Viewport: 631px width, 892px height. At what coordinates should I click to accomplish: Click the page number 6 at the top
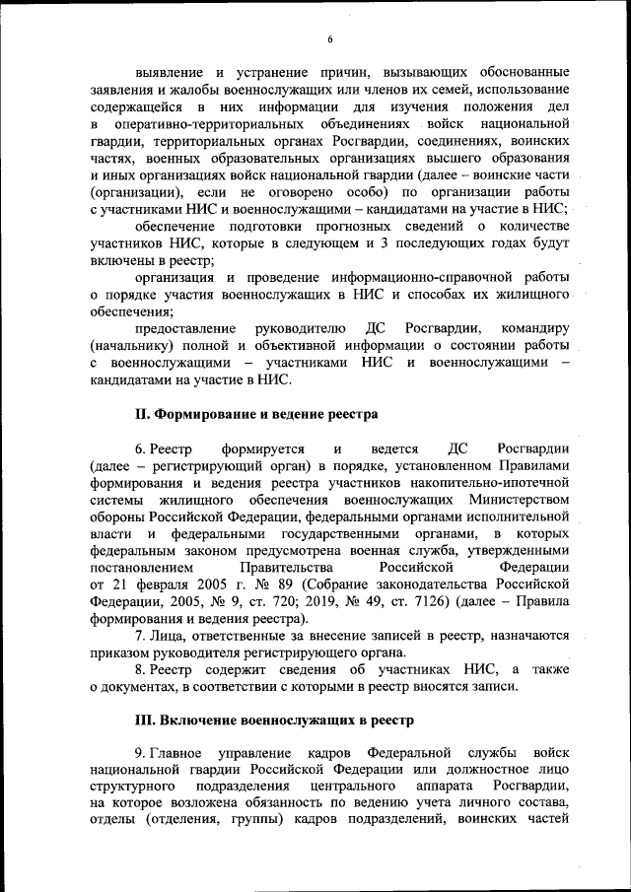[331, 38]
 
